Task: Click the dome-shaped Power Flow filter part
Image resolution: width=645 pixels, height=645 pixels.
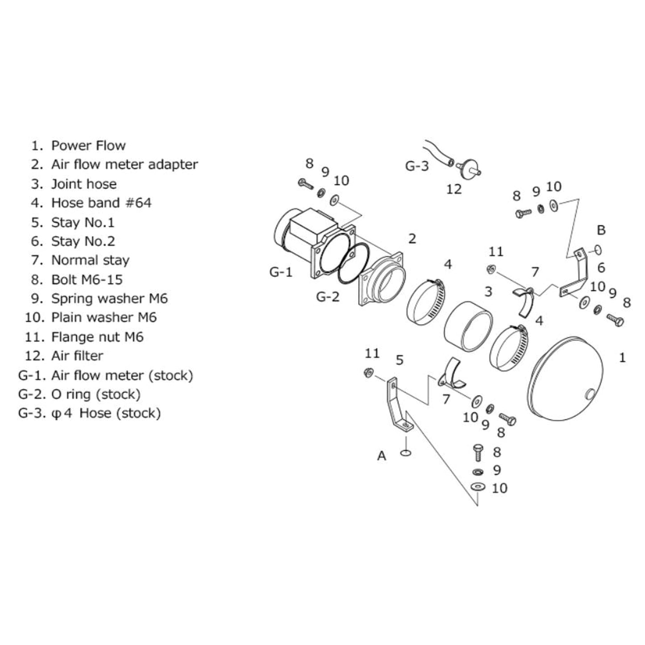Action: [x=565, y=379]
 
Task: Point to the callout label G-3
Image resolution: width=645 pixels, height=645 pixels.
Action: [x=416, y=166]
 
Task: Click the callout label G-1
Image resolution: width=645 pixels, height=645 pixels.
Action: [x=281, y=271]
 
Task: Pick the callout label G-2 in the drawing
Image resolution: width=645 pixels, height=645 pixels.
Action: [x=328, y=296]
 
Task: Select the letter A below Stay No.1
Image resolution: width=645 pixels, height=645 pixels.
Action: [x=382, y=456]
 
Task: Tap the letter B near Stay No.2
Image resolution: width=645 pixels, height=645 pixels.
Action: [x=601, y=230]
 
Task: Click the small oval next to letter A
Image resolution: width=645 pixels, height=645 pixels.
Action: [x=406, y=454]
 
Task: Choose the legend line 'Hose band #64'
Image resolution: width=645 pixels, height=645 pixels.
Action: [x=101, y=203]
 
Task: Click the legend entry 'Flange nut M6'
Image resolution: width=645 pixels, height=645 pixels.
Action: [x=97, y=337]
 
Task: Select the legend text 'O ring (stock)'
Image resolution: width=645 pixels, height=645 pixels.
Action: [x=96, y=394]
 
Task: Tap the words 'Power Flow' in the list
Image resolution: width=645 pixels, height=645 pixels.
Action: [x=88, y=146]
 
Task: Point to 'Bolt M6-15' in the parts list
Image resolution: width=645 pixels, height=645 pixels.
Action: [x=87, y=279]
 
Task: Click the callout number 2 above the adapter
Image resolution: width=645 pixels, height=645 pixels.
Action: [x=412, y=238]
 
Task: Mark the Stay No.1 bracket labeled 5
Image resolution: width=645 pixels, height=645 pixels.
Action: [x=397, y=404]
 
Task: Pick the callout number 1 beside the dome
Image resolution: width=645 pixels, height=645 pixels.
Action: [x=622, y=358]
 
